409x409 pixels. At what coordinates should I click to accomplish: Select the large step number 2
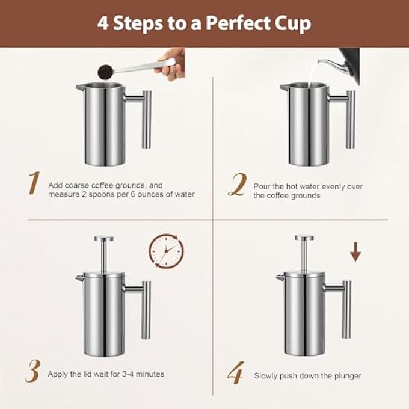236,185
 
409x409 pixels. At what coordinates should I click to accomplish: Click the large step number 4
236,374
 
